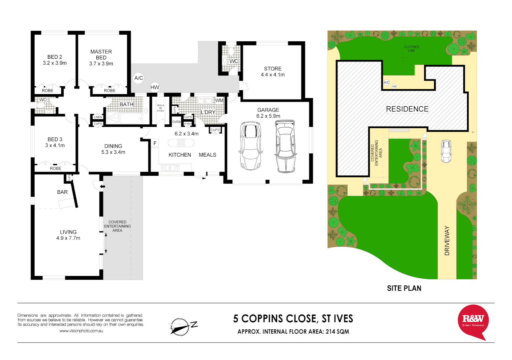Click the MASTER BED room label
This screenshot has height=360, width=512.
[101, 54]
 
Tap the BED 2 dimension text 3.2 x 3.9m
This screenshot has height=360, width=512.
[55, 63]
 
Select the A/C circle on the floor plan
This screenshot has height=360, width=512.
[138, 78]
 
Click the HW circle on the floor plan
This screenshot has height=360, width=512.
[155, 87]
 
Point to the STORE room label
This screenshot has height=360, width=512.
[273, 69]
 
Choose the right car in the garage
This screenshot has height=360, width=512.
[285, 146]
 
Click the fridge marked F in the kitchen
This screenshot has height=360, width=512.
[155, 143]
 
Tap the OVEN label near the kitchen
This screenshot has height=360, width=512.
[176, 122]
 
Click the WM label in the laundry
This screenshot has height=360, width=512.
[219, 100]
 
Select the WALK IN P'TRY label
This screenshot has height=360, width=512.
[160, 108]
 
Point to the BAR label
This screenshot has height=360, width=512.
[62, 192]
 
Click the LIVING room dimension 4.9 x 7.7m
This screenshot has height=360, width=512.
[68, 238]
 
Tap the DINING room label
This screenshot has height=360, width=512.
[113, 146]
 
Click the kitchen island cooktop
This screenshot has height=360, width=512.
[181, 143]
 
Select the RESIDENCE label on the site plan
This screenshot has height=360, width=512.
[407, 109]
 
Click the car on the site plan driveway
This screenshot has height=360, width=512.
[446, 151]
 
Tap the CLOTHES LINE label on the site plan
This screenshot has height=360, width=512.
[411, 49]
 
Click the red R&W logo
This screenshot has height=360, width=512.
[473, 321]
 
